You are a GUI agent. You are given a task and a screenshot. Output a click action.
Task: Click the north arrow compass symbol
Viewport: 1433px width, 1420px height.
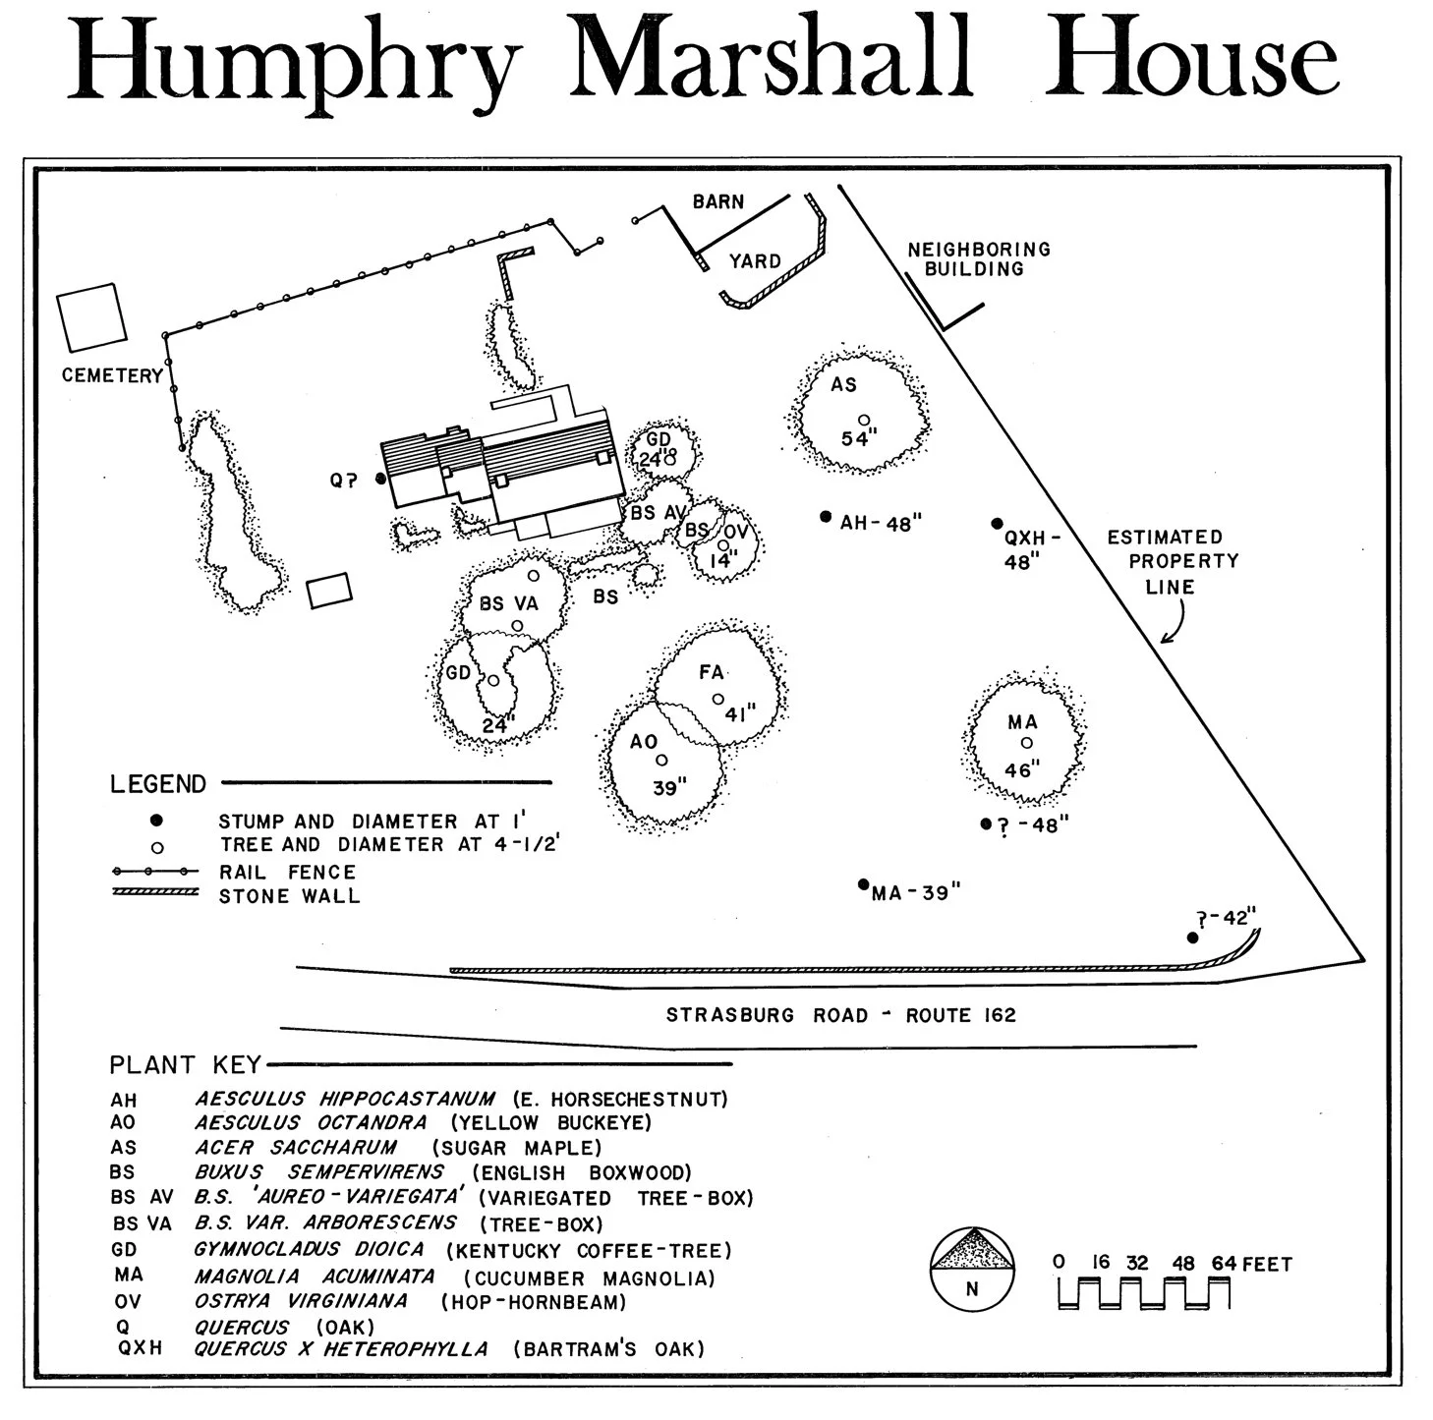point(972,1268)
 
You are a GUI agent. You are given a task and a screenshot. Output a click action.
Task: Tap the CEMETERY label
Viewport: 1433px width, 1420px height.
point(112,375)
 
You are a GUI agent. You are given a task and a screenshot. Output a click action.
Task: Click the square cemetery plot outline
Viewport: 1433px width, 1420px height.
point(92,317)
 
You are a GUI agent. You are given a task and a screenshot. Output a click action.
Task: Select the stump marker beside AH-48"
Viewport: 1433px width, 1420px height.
point(826,517)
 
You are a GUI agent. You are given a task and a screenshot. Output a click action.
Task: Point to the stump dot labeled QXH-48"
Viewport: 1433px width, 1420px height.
point(997,524)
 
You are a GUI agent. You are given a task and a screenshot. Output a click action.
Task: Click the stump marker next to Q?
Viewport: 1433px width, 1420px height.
point(380,479)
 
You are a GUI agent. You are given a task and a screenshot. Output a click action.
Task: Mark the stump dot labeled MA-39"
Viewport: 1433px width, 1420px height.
point(864,883)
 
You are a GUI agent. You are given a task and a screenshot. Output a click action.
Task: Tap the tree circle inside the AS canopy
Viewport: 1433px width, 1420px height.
point(864,420)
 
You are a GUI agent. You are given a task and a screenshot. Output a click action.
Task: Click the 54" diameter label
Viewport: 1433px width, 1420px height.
point(858,439)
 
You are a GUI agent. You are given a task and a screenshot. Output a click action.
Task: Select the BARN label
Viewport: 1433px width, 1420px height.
point(718,201)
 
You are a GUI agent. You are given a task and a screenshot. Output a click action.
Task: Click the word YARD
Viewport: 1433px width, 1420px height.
point(755,261)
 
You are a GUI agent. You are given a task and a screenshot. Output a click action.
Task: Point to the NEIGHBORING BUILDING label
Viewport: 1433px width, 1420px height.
point(978,259)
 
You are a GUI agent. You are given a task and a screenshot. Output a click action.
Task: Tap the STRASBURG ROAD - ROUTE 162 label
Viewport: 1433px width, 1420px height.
point(840,1015)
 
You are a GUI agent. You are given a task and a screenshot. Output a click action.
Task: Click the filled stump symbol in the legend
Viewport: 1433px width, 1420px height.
point(155,820)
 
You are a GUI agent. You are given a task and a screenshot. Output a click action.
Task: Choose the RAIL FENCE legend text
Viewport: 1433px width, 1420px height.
point(287,872)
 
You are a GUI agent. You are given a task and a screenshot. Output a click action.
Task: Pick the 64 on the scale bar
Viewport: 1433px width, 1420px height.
point(1224,1263)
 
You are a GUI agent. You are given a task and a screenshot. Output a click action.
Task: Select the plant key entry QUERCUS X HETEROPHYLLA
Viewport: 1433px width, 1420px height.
point(340,1349)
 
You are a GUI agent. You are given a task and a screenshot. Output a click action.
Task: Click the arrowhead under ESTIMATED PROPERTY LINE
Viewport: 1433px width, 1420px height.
point(1165,640)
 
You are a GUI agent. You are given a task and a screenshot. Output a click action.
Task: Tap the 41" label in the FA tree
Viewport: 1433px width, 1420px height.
point(740,713)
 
